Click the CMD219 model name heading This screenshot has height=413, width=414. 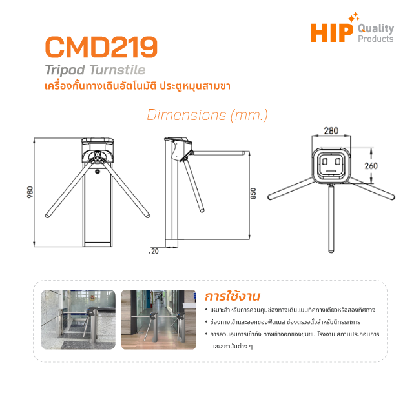[x=101, y=47]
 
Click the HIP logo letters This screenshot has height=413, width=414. [x=332, y=33]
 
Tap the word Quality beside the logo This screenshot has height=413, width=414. [x=376, y=28]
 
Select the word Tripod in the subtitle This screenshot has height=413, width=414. [x=65, y=70]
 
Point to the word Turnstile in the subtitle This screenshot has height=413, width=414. [x=118, y=70]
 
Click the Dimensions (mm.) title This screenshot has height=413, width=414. [x=207, y=116]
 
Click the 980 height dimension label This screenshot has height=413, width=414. [x=30, y=192]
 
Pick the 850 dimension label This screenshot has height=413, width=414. [x=253, y=194]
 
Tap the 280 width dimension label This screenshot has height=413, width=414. [x=331, y=130]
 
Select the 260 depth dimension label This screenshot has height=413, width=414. [x=371, y=166]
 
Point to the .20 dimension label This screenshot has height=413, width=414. [x=154, y=251]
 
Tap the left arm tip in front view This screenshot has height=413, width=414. [x=48, y=216]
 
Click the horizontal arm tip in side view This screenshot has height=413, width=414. [x=243, y=153]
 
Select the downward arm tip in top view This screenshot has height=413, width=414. [x=331, y=251]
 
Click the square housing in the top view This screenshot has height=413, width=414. [x=331, y=166]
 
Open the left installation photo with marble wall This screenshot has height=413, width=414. [x=78, y=319]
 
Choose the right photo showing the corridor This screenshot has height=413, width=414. [x=159, y=319]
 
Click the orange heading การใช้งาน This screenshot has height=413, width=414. [x=233, y=296]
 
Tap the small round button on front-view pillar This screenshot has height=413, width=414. [x=97, y=172]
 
